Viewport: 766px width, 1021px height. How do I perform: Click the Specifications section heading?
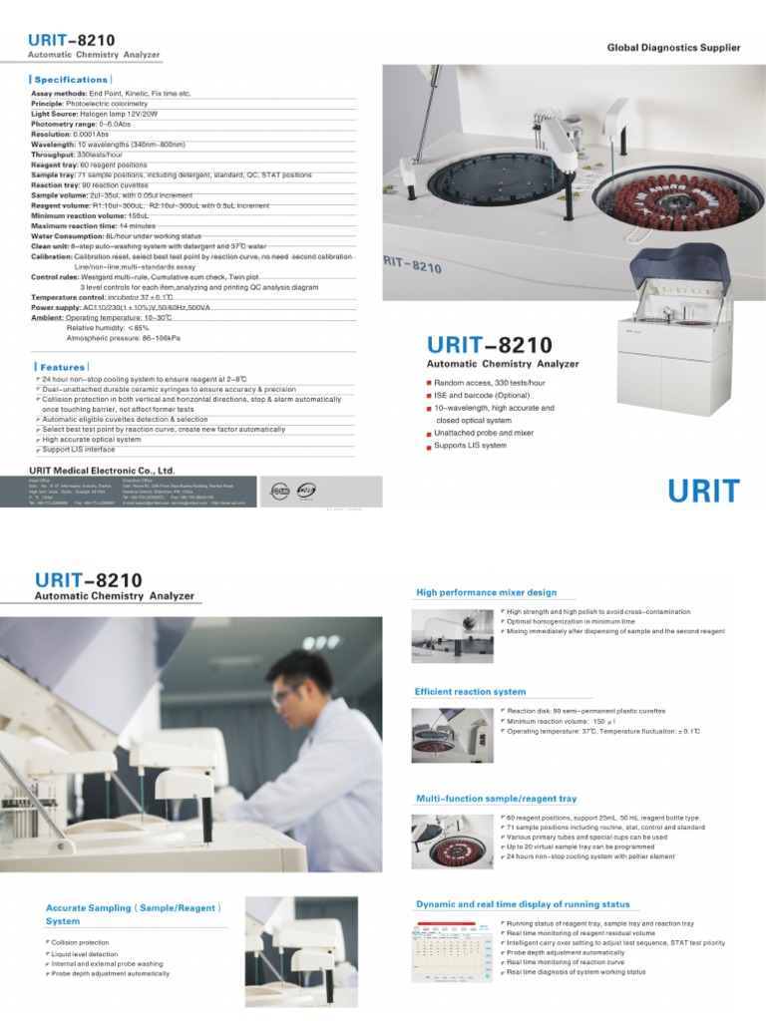(70, 79)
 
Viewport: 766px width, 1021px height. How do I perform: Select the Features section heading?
(62, 367)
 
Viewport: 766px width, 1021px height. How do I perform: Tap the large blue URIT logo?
(703, 491)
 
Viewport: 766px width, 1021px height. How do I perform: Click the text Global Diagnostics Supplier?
(674, 47)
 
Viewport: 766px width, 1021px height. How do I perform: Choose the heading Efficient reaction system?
(470, 691)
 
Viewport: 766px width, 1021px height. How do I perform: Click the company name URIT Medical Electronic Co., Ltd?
(103, 470)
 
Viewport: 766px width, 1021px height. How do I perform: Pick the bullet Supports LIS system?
(470, 446)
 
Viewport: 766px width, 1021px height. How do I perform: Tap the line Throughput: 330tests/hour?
(75, 156)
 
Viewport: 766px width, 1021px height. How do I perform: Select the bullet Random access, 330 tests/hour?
(488, 382)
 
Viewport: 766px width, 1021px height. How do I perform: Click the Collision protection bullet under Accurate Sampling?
(81, 942)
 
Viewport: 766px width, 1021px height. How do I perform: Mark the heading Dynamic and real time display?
(522, 904)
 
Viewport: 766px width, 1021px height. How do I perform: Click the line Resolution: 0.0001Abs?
(69, 134)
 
